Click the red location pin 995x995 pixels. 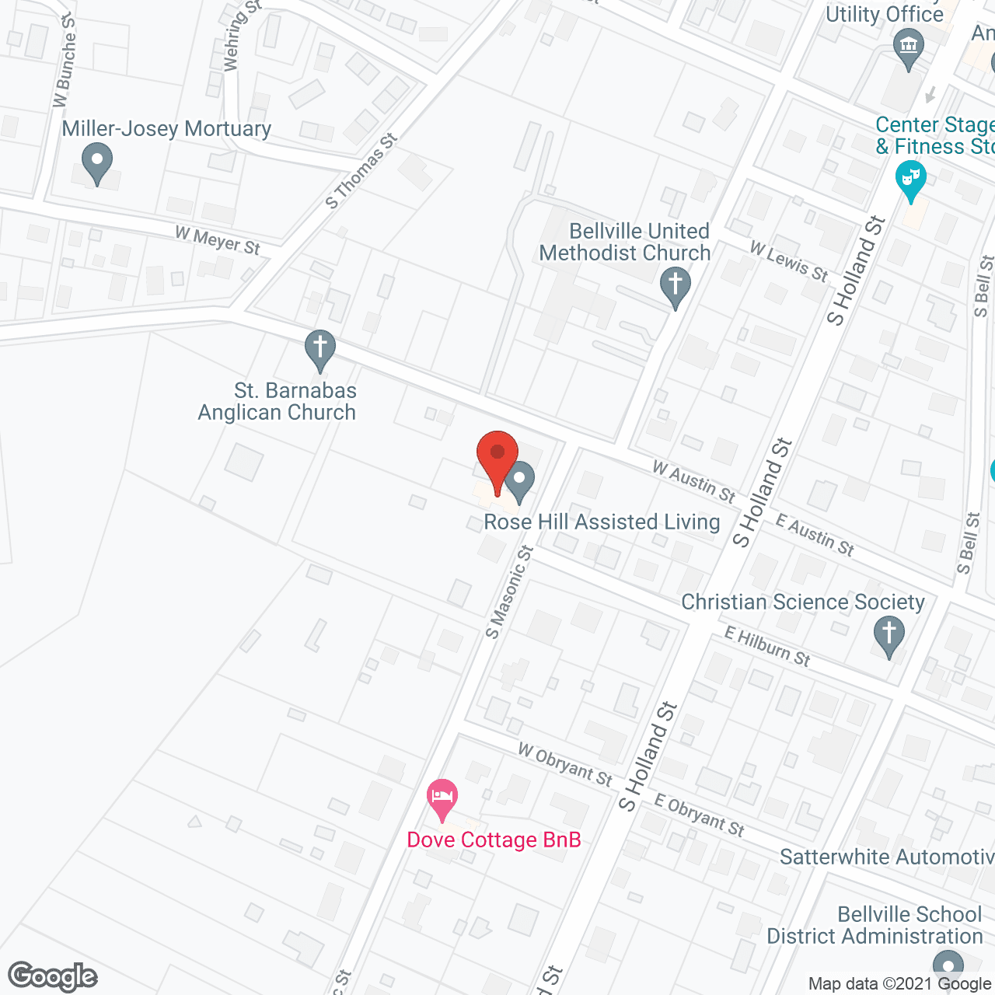tap(497, 455)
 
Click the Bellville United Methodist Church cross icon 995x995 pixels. tap(675, 285)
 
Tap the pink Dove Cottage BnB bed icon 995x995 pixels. tap(442, 798)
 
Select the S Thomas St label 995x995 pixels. tap(361, 172)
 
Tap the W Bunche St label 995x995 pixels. tap(65, 61)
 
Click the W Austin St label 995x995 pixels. tap(693, 482)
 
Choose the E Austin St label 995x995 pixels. tap(815, 536)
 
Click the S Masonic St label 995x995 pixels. tap(509, 592)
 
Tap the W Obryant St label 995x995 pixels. tap(565, 764)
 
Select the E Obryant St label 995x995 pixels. tap(700, 815)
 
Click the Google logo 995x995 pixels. tap(53, 976)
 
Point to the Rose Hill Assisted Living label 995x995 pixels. tap(602, 522)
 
